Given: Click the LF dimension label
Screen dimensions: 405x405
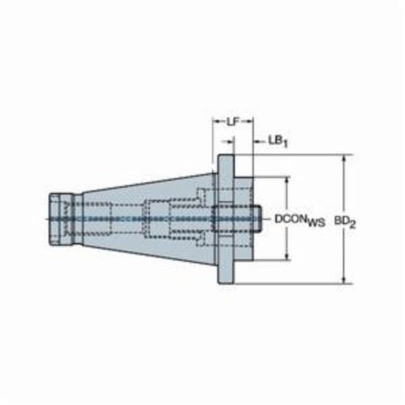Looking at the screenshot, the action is [x=233, y=122].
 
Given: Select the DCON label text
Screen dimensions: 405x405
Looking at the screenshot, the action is [x=291, y=219].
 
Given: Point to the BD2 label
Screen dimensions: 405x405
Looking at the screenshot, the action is [x=345, y=222].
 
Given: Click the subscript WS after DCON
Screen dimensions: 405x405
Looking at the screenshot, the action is [x=316, y=223].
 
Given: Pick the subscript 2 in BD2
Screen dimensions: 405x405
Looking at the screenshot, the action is [x=352, y=224].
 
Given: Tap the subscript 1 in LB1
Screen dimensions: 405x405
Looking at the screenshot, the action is [x=285, y=144].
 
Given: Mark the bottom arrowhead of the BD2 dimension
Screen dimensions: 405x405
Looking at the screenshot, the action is [x=344, y=280].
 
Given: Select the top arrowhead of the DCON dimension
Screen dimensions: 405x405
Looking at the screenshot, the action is [x=287, y=181].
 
